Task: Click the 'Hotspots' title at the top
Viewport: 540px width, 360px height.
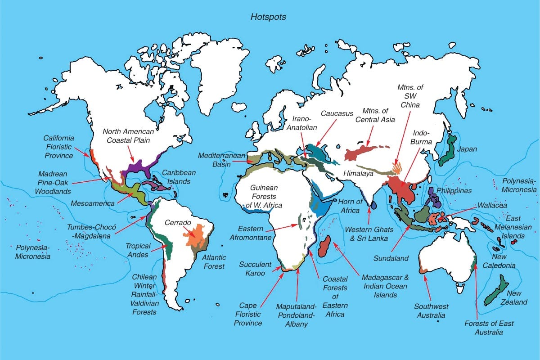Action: (x=268, y=17)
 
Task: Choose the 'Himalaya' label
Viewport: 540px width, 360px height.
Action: (x=358, y=173)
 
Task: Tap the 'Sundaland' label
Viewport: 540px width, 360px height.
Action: (x=391, y=258)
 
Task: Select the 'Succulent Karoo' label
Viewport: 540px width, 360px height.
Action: (x=256, y=269)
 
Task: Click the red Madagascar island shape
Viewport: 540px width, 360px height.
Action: (x=325, y=245)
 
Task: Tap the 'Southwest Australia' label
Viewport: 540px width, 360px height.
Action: (x=431, y=311)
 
